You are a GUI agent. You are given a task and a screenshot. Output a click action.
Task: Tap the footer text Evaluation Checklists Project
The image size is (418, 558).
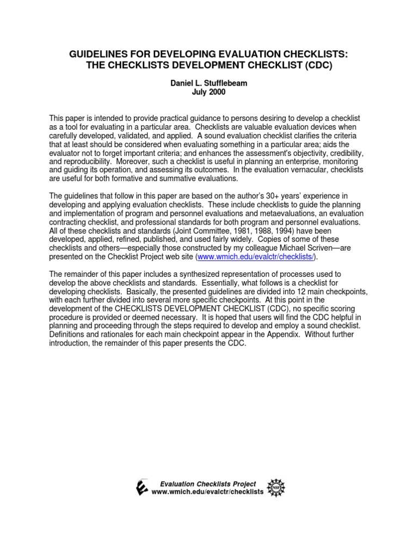coord(207,483)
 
